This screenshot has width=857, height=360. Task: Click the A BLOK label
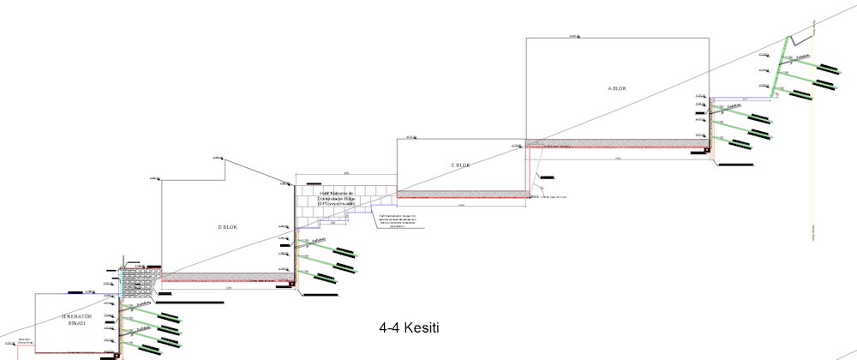tap(617, 88)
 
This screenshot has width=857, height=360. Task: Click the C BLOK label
tap(461, 165)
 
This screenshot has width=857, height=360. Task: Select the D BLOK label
tap(226, 227)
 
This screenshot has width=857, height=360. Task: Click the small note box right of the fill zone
tap(395, 219)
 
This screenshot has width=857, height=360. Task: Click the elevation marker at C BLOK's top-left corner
tap(411, 136)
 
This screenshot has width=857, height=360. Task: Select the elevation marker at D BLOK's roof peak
tap(217, 157)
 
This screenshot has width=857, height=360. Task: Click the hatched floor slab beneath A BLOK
tap(617, 144)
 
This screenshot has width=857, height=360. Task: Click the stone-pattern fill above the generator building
tap(137, 283)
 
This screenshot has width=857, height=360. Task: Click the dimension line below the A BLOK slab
tap(617, 157)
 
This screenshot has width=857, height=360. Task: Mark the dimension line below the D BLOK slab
tap(226, 287)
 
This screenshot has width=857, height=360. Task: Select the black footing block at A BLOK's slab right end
tap(708, 149)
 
